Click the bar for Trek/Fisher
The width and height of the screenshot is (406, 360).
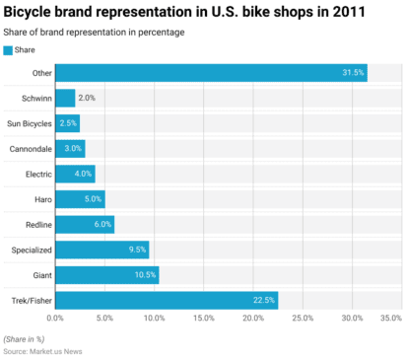pos(167,300)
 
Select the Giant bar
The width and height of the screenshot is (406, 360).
pos(106,275)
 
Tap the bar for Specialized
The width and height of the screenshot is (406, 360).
pos(101,250)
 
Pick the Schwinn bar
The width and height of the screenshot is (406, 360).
pos(65,98)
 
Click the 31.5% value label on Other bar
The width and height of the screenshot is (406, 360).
pos(353,73)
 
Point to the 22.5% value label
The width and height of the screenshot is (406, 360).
pos(264,300)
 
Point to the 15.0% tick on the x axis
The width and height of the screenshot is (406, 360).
pos(204,319)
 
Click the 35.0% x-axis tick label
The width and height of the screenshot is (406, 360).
pos(391,319)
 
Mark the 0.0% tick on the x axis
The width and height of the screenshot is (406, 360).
pos(55,319)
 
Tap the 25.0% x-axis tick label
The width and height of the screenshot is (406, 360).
pos(303,319)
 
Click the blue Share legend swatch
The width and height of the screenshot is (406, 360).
pos(8,49)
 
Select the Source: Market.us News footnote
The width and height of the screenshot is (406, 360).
pos(43,350)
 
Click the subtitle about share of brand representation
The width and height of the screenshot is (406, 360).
pos(94,33)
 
